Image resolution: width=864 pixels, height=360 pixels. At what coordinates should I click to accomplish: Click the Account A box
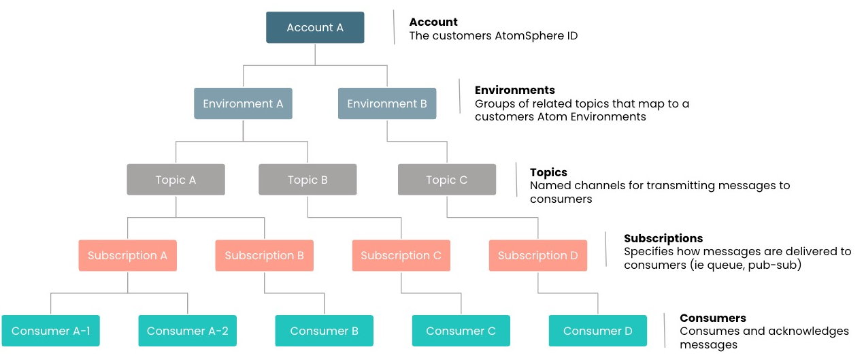pyautogui.click(x=315, y=28)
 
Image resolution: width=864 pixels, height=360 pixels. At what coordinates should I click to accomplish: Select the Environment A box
pyautogui.click(x=243, y=103)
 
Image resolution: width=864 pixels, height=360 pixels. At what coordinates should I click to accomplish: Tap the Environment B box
pyautogui.click(x=387, y=103)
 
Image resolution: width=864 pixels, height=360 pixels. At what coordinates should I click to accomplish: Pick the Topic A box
pyautogui.click(x=176, y=180)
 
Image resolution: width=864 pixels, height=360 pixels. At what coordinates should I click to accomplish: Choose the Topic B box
pyautogui.click(x=308, y=180)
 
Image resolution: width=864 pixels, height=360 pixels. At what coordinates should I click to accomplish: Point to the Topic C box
pyautogui.click(x=447, y=180)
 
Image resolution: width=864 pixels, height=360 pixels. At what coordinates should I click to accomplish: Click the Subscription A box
pyautogui.click(x=127, y=255)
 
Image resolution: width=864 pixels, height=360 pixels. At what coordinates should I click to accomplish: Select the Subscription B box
pyautogui.click(x=265, y=255)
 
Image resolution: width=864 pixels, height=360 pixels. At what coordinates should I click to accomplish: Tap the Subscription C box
pyautogui.click(x=401, y=255)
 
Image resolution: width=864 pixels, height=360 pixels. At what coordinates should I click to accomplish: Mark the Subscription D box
pyautogui.click(x=538, y=255)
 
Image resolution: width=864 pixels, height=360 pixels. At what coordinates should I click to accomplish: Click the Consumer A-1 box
pyautogui.click(x=51, y=331)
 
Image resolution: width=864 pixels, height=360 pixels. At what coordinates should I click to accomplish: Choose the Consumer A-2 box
pyautogui.click(x=188, y=331)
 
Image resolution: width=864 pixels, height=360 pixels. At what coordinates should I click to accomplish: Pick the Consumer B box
pyautogui.click(x=325, y=331)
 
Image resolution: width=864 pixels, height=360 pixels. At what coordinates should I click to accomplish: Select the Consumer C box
pyautogui.click(x=461, y=331)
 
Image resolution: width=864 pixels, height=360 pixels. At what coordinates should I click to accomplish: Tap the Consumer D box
pyautogui.click(x=598, y=331)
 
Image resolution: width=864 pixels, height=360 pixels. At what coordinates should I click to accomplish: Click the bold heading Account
pyautogui.click(x=433, y=22)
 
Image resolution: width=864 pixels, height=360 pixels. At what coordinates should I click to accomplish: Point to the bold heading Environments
pyautogui.click(x=514, y=90)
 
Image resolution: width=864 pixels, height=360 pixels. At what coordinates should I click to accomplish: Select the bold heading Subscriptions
pyautogui.click(x=663, y=238)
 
